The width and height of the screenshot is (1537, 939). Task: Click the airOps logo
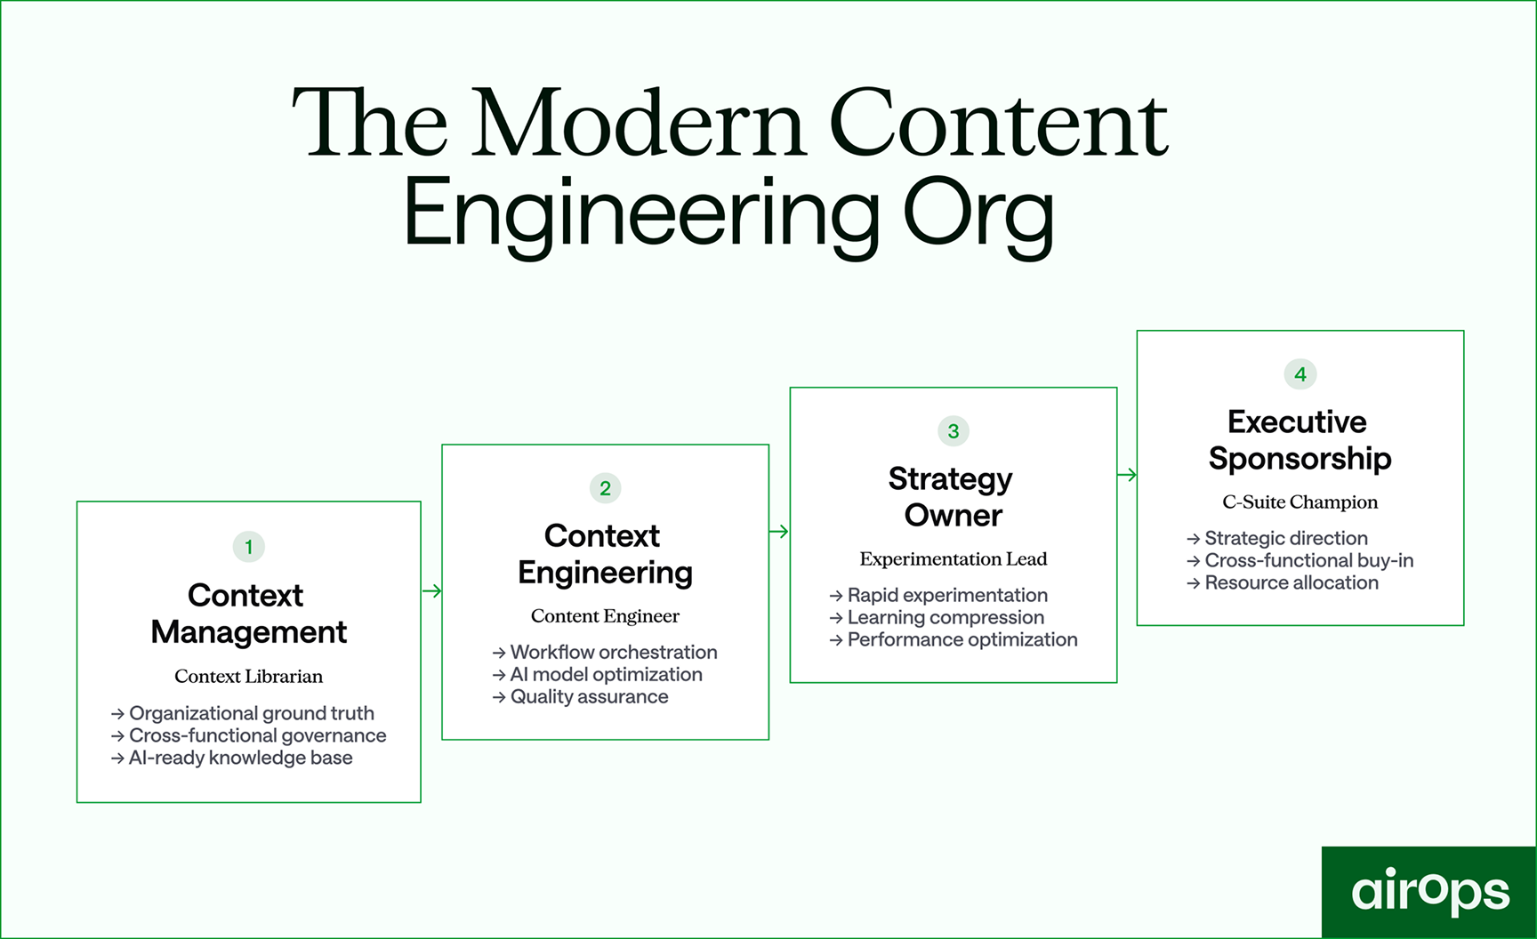coord(1429,891)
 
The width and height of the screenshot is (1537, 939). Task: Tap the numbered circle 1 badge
coord(248,547)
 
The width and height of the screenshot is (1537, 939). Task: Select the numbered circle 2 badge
coord(605,488)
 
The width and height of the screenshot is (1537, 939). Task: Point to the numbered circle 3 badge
coord(953,431)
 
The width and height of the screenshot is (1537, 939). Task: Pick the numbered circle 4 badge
coord(1300,374)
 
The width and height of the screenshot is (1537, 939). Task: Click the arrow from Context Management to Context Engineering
coord(432,590)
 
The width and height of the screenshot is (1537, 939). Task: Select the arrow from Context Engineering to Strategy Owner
coord(779,532)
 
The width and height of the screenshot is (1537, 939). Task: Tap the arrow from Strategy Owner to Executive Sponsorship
coord(1127,475)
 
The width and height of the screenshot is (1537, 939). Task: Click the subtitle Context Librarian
coord(248,676)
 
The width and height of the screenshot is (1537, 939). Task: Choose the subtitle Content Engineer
coord(605,616)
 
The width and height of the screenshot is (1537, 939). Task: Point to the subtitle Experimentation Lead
coord(953,559)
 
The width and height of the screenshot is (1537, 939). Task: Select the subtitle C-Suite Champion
coord(1300,502)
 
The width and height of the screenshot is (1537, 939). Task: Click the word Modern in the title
coord(638,124)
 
